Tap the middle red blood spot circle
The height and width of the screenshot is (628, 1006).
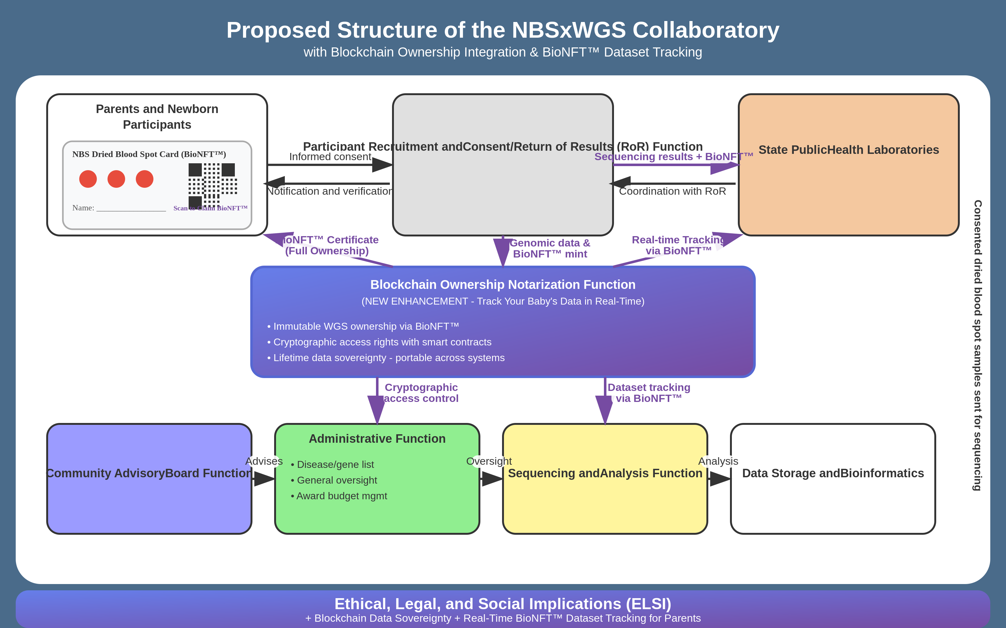point(116,179)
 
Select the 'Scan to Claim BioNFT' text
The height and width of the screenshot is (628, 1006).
point(210,208)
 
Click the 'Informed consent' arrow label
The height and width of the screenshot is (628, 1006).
point(330,157)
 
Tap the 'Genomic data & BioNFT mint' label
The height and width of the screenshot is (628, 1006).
point(550,248)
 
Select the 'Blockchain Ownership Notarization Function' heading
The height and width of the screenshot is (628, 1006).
point(503,284)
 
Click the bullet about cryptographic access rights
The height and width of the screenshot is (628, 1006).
point(379,342)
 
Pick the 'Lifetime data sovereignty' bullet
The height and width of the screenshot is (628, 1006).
point(386,358)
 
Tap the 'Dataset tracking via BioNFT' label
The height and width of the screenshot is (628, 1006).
point(649,393)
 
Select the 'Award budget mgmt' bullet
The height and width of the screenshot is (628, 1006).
point(339,496)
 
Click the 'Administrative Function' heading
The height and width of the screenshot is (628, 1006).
point(377,439)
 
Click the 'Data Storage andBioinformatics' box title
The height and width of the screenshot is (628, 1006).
point(833,473)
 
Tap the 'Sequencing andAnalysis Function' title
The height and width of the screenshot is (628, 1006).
point(605,473)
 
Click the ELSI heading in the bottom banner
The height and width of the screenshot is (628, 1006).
point(503,604)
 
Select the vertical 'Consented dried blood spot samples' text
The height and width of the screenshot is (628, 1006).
point(977,345)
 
